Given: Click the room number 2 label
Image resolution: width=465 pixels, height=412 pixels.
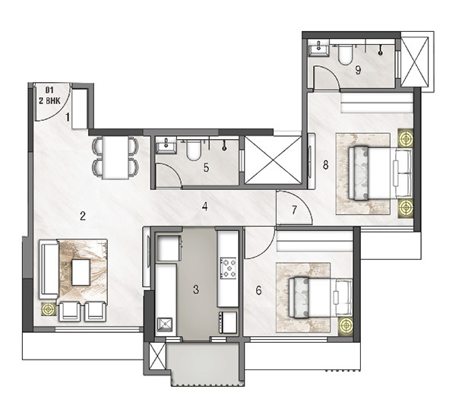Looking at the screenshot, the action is [x=83, y=216].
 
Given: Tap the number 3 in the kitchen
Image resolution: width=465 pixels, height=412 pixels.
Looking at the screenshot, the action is [x=196, y=289].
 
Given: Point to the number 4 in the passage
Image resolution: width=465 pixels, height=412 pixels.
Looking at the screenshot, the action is [x=204, y=207].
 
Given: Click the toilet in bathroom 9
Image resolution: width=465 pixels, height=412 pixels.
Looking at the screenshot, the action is [x=345, y=55].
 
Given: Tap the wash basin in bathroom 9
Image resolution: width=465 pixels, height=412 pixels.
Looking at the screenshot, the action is [x=319, y=49].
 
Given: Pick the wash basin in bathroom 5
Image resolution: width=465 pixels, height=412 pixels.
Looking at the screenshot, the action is [x=166, y=145].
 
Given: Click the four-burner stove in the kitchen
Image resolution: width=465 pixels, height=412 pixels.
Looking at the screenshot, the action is [x=228, y=268].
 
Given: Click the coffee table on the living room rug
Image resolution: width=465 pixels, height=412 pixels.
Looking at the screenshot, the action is [x=81, y=272].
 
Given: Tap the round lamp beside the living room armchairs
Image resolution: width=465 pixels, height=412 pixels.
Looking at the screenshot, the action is [x=49, y=309].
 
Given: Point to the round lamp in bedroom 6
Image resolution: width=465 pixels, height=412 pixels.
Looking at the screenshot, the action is [x=346, y=325].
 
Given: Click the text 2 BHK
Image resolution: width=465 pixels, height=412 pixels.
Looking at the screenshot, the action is [x=49, y=101].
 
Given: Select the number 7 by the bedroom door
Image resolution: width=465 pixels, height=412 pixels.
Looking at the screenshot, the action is [x=294, y=210].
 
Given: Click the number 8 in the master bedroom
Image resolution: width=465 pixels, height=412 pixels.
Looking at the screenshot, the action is [x=326, y=165].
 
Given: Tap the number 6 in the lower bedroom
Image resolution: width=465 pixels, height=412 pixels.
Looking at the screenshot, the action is [x=258, y=290].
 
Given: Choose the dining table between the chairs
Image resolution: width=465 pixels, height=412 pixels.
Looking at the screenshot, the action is [x=115, y=158].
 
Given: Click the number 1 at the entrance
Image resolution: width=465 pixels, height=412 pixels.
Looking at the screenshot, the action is [x=68, y=118].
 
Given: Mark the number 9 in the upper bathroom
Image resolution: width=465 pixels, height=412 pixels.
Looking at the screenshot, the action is [x=358, y=70].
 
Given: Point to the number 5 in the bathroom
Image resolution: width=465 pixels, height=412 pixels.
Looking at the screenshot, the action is [x=206, y=167].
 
